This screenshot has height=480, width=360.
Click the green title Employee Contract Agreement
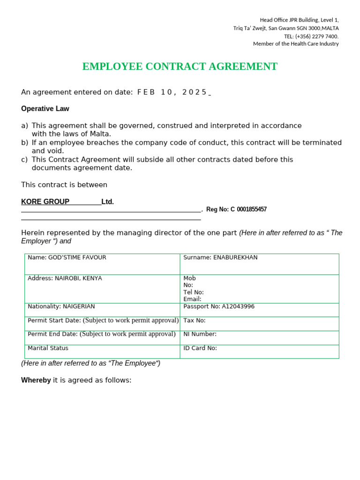tap(180, 67)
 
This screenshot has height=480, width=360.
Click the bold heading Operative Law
tap(45, 109)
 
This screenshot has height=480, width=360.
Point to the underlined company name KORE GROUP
tap(45, 202)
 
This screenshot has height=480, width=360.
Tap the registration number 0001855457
tap(252, 210)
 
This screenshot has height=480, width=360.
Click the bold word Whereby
tap(36, 380)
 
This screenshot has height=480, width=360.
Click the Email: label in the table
tap(192, 299)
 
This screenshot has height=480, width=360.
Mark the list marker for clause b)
tap(24, 142)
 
